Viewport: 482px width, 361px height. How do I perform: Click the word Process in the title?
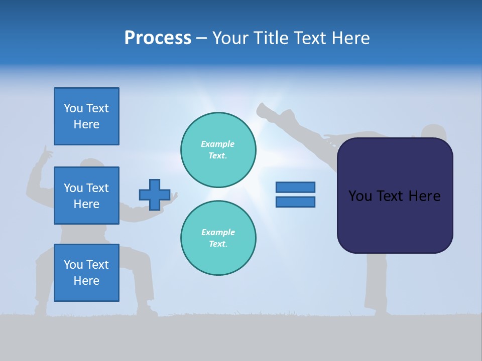click(158, 38)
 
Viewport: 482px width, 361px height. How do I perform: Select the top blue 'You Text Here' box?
click(86, 116)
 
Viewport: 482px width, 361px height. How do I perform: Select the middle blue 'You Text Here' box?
click(86, 196)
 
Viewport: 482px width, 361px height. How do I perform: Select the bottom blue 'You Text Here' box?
click(86, 273)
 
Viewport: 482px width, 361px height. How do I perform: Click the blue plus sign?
click(155, 195)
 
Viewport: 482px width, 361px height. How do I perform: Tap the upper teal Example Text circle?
click(218, 150)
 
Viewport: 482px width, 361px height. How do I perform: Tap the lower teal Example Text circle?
click(218, 238)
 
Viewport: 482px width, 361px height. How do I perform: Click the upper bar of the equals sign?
click(295, 187)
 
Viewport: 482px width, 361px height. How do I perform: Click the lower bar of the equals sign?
click(295, 202)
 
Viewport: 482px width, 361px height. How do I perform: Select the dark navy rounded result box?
click(395, 196)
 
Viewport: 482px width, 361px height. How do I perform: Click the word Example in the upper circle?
click(217, 144)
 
